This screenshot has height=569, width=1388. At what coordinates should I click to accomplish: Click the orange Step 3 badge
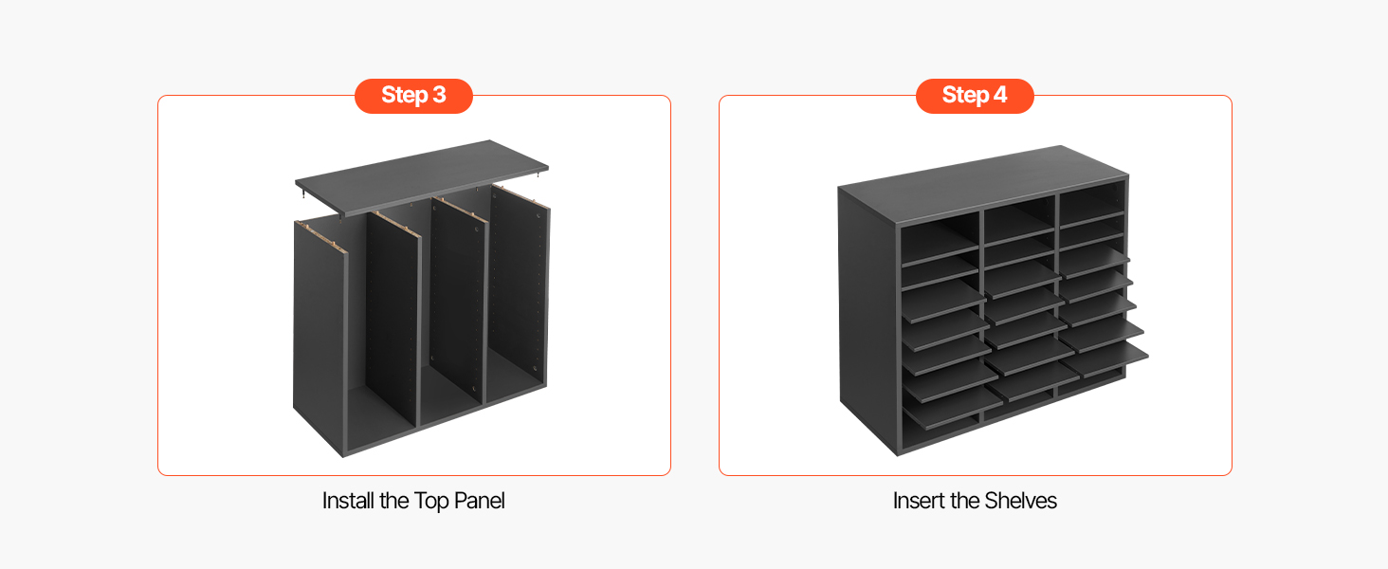pyautogui.click(x=413, y=96)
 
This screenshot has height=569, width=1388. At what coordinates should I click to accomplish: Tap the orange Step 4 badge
pyautogui.click(x=975, y=96)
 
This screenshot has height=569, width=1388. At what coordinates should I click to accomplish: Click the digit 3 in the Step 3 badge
pyautogui.click(x=439, y=95)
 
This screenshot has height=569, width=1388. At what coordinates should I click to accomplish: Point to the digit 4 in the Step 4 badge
pyautogui.click(x=1000, y=95)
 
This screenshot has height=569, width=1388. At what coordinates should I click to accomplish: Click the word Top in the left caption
pyautogui.click(x=430, y=501)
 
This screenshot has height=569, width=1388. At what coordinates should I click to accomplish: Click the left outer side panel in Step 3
pyautogui.click(x=320, y=335)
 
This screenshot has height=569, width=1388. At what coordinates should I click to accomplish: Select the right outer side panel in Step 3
pyautogui.click(x=520, y=291)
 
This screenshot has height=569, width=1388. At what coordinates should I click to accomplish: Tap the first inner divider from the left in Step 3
pyautogui.click(x=393, y=320)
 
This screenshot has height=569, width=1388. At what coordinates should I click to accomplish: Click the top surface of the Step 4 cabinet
pyautogui.click(x=982, y=184)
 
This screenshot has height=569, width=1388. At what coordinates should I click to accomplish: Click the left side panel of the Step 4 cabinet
pyautogui.click(x=867, y=320)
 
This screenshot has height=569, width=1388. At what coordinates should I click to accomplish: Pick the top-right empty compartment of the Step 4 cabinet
pyautogui.click(x=1091, y=199)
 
